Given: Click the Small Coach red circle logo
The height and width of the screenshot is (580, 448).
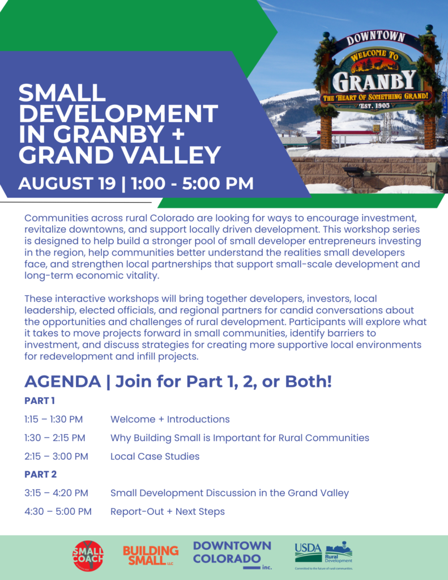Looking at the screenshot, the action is (x=88, y=555).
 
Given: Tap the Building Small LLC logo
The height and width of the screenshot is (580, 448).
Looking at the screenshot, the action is (x=151, y=556).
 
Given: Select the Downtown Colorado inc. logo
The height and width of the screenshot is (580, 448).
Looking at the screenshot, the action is (x=232, y=555).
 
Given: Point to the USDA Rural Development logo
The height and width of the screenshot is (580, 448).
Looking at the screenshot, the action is (x=324, y=555).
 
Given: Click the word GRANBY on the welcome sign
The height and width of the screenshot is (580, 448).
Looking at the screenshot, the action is (x=374, y=81).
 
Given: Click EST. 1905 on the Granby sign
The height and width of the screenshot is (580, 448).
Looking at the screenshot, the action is (x=374, y=106).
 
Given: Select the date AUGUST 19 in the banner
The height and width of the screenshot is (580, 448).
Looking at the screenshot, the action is (x=67, y=184).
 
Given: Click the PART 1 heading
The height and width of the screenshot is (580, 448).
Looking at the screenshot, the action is (x=40, y=400).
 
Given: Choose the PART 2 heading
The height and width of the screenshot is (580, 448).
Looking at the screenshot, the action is (x=41, y=474).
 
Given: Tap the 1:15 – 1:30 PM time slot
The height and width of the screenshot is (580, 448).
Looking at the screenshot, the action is (x=54, y=419).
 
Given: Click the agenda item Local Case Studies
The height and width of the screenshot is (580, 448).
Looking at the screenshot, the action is (x=155, y=456).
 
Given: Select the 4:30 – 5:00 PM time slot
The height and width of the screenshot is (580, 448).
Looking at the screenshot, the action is (x=58, y=511).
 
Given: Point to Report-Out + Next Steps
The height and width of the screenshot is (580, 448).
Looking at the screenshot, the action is (x=168, y=511).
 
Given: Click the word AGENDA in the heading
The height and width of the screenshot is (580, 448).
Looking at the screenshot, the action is (x=63, y=381).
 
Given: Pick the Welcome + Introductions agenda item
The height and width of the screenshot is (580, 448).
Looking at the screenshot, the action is (x=170, y=419).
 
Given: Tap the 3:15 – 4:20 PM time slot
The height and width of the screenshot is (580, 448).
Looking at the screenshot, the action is (x=56, y=493).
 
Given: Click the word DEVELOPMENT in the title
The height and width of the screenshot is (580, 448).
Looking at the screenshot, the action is (x=118, y=113).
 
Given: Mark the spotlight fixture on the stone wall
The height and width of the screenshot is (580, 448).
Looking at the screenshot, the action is (x=353, y=171).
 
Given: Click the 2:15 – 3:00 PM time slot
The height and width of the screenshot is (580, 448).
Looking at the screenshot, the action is (x=56, y=456).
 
